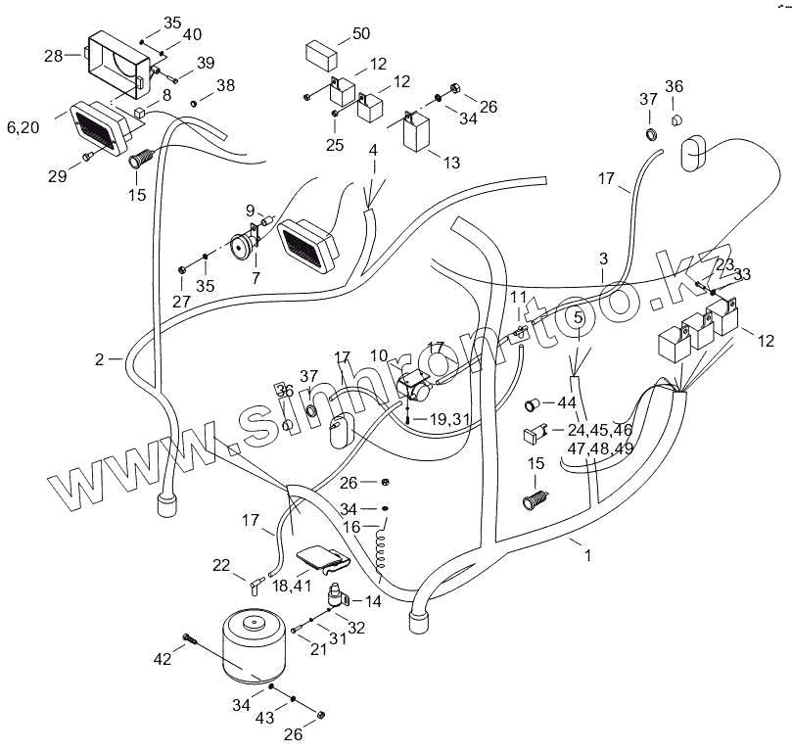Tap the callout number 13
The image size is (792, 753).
pos(450,163)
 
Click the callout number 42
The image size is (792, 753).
pos(163,660)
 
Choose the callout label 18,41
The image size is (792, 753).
pos(292,586)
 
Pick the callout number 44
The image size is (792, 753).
pos(567,403)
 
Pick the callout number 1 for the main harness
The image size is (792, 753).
pos(587,555)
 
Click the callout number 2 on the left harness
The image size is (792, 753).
pos(99,359)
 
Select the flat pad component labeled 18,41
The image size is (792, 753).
pos(323,559)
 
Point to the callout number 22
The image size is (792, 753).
pos(221,564)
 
